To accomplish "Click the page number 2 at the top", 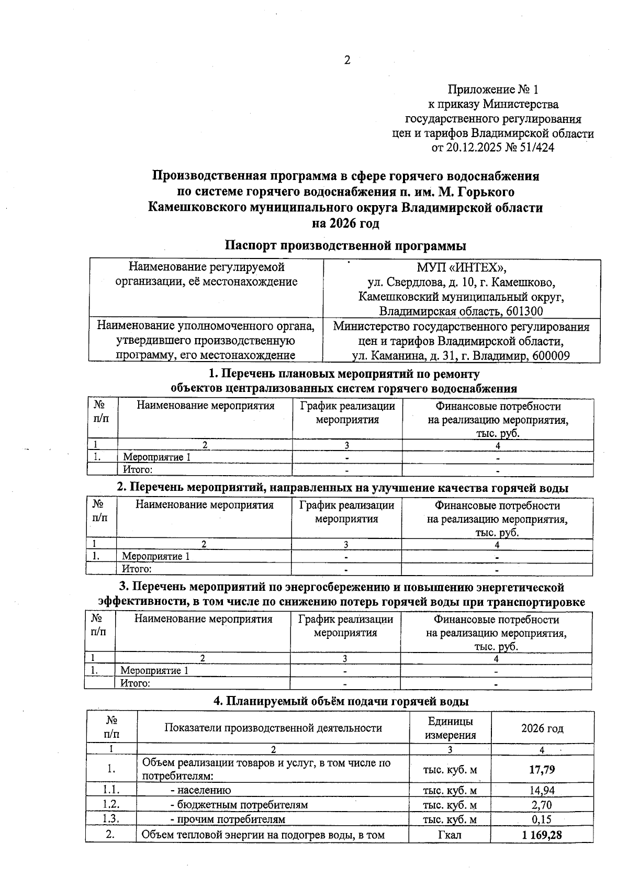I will click(x=347, y=60).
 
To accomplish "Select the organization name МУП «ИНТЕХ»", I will click(x=461, y=268).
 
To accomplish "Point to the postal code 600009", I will click(x=550, y=356).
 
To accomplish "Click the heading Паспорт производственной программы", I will click(x=345, y=245).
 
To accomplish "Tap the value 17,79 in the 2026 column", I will click(x=542, y=769).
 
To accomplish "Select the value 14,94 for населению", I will click(x=542, y=790).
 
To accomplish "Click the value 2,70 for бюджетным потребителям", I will click(x=542, y=805).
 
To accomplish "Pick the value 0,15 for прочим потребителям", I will click(x=542, y=819).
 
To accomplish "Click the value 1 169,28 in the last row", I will click(x=542, y=835).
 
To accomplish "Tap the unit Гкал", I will click(x=449, y=835).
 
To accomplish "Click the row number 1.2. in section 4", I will click(x=111, y=805).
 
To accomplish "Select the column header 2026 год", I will click(x=542, y=728).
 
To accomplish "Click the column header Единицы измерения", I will click(x=450, y=728).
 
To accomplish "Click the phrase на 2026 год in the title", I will click(x=345, y=223).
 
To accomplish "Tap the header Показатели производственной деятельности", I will click(x=273, y=728).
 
